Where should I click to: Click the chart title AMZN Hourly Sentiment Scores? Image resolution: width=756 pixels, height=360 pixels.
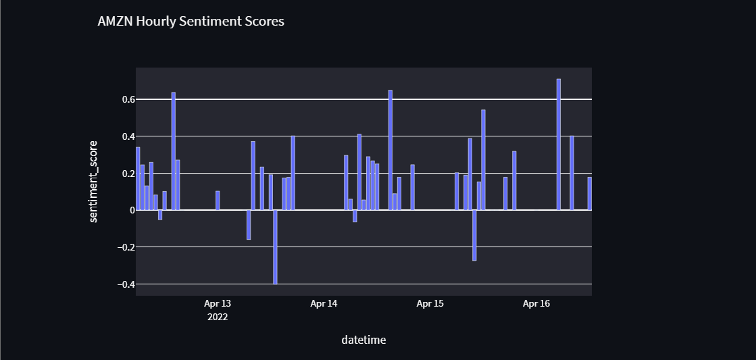tap(191, 22)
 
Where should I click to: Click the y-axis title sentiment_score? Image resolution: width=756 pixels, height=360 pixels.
tap(95, 181)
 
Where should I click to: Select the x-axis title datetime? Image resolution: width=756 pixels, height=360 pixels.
tap(363, 340)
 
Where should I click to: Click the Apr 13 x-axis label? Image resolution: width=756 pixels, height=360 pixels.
tap(218, 304)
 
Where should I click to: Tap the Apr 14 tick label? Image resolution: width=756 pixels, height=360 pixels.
tap(324, 304)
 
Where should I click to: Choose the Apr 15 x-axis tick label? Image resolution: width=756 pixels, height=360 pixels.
tap(430, 304)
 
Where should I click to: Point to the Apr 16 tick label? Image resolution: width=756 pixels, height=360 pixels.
tap(536, 304)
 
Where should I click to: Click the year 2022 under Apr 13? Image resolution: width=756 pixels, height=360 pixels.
tap(218, 316)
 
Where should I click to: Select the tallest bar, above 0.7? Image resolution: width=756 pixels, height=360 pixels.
tap(559, 145)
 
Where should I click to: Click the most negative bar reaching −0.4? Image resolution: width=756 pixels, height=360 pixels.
tap(276, 247)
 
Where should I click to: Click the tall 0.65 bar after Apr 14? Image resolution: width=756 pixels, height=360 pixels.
tap(390, 150)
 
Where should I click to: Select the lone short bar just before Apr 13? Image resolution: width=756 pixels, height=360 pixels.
tap(218, 201)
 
